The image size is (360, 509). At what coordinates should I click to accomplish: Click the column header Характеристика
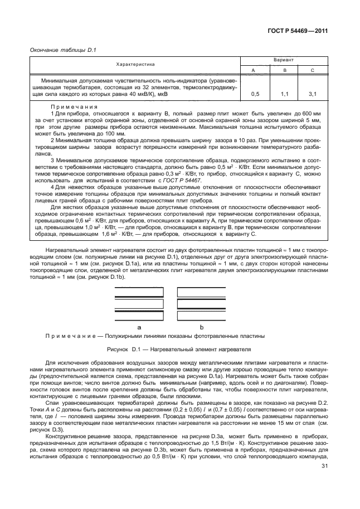coord(135,65)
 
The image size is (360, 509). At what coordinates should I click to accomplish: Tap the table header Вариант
coord(284,60)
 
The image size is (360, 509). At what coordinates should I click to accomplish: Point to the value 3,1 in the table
coord(313,95)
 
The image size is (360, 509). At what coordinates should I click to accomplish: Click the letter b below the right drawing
coord(202,327)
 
